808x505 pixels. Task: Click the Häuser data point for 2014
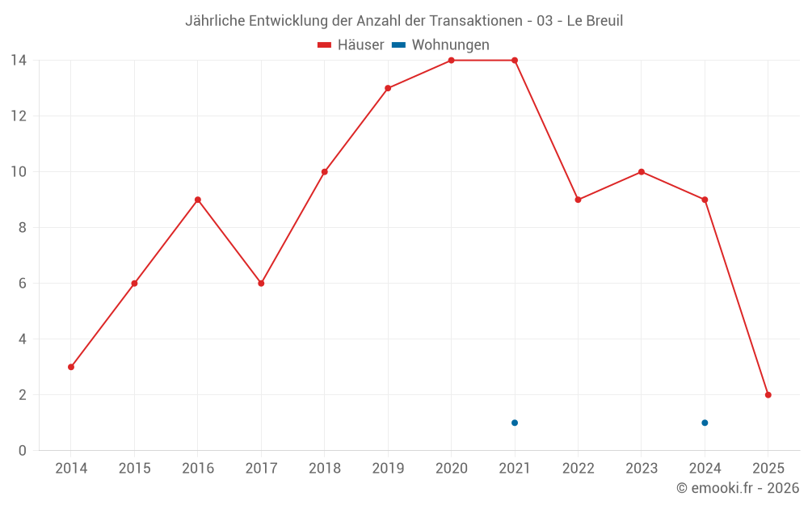click(71, 367)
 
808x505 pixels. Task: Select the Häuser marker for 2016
click(198, 200)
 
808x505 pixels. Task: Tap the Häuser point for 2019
click(388, 88)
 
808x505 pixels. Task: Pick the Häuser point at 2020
click(451, 61)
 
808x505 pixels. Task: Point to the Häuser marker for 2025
click(768, 395)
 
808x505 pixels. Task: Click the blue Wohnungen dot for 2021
click(515, 423)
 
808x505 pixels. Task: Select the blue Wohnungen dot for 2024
click(705, 423)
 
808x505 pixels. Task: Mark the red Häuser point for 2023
click(642, 172)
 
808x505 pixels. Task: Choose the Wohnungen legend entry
click(450, 45)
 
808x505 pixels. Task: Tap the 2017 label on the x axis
click(261, 469)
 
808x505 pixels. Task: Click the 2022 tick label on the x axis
click(578, 469)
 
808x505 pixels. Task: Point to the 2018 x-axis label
click(325, 469)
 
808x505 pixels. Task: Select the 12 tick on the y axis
click(19, 116)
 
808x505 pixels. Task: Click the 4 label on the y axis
click(23, 339)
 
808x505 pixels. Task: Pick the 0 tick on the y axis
click(23, 451)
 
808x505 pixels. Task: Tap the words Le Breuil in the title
click(595, 21)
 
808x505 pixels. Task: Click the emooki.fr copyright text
click(738, 488)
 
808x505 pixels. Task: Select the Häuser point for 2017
click(261, 284)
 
